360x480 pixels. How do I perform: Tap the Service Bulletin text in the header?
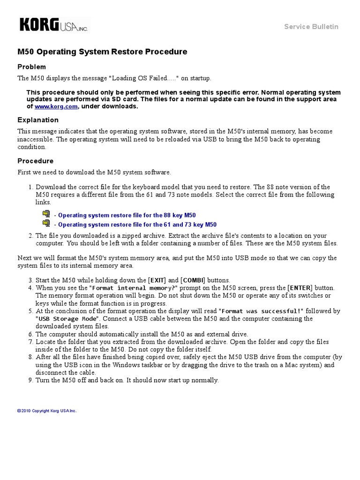pyautogui.click(x=311, y=27)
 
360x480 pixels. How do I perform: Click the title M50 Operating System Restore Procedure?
pyautogui.click(x=102, y=52)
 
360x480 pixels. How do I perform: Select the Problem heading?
pyautogui.click(x=32, y=67)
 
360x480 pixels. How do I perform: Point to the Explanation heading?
pyautogui.click(x=38, y=120)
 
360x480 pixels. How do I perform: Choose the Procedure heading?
pyautogui.click(x=36, y=161)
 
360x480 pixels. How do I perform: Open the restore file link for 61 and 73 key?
pyautogui.click(x=137, y=225)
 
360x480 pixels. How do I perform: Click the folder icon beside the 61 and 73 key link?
pyautogui.click(x=46, y=224)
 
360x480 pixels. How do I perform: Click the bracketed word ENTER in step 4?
pyautogui.click(x=299, y=287)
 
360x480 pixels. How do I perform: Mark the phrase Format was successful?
pyautogui.click(x=262, y=311)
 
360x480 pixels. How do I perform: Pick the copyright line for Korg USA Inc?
pyautogui.click(x=47, y=411)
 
